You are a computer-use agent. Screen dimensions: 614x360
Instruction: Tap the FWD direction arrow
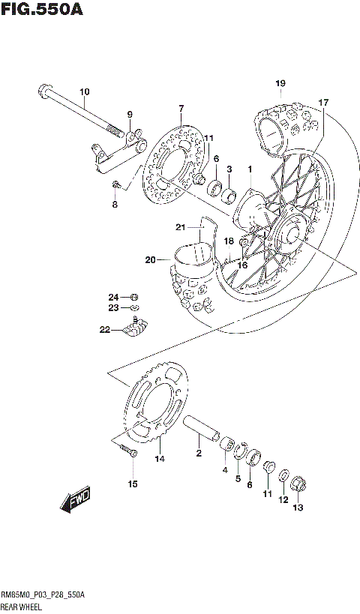coord(75,500)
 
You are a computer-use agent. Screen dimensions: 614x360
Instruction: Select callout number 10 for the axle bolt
coord(84,92)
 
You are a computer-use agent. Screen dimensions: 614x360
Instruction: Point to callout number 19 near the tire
coord(280,82)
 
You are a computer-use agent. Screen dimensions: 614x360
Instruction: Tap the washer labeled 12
coord(285,476)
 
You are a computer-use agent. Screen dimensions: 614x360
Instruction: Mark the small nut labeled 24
coord(133,295)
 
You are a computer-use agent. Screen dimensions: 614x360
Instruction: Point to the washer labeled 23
coord(133,307)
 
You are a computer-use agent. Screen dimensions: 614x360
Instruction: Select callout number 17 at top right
coord(323,102)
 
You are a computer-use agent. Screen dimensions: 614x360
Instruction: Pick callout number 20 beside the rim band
coord(150,260)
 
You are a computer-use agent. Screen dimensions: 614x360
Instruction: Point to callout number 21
coord(180,227)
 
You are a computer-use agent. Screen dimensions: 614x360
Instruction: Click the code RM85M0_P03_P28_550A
coord(43,593)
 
